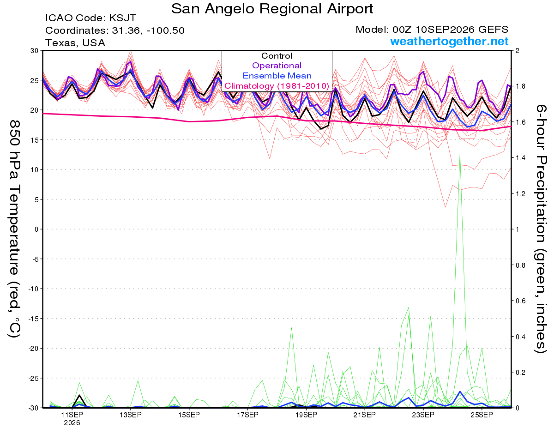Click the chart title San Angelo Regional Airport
pos(272,9)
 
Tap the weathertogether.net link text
pos(449,41)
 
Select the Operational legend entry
pos(277,66)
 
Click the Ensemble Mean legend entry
pos(277,76)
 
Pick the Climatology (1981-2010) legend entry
pos(277,86)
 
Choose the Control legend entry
pos(277,55)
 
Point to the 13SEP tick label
pos(131,415)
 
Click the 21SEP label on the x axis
pos(365,415)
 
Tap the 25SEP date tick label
pos(482,415)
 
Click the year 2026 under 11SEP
pos(72,423)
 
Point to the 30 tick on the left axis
pos(35,51)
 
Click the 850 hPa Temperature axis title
pos(14,229)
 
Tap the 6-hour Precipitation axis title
pos(541,229)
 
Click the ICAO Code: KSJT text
pos(91,18)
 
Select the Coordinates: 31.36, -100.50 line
pos(115,30)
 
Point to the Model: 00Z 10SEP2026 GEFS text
pos(432,30)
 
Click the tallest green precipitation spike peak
pos(460,153)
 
